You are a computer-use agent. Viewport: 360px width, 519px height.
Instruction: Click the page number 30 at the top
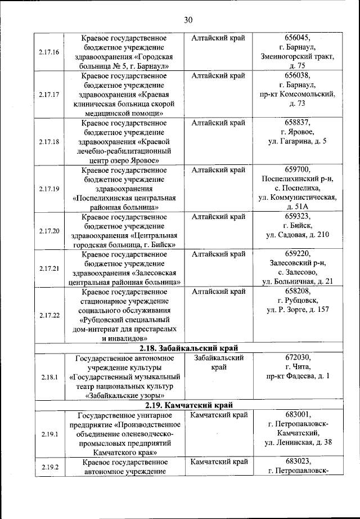click(x=188, y=20)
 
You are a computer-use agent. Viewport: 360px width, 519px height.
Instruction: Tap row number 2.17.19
click(x=49, y=189)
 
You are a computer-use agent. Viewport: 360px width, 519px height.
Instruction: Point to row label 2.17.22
click(x=49, y=315)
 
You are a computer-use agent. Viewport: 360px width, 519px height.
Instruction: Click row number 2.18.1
click(x=49, y=377)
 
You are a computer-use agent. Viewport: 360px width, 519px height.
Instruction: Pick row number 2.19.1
click(x=49, y=434)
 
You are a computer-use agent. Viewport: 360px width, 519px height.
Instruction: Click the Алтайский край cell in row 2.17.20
click(x=218, y=216)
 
